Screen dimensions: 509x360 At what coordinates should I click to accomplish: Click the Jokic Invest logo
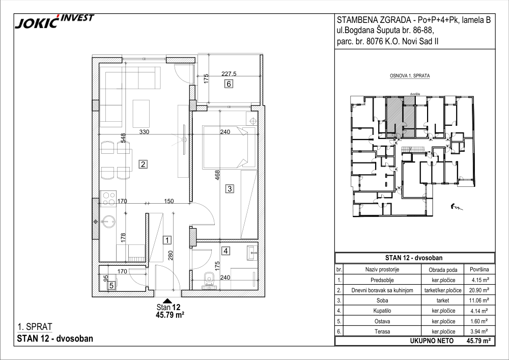point(54,21)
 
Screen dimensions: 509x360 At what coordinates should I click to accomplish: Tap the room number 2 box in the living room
point(143,164)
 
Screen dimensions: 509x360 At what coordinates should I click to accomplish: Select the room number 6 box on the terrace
point(229,84)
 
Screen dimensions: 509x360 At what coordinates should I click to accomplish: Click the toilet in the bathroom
point(209,280)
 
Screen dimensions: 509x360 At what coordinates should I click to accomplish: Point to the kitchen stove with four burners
point(108,199)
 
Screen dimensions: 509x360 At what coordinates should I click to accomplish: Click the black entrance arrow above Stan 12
point(167,300)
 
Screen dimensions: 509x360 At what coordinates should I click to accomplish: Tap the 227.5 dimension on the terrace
point(229,74)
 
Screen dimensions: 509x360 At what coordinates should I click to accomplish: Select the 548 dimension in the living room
point(123,138)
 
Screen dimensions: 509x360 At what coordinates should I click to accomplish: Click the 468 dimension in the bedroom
point(217,175)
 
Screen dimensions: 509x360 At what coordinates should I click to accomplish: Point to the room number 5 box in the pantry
point(111,286)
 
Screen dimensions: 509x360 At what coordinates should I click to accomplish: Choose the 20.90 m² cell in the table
point(480,290)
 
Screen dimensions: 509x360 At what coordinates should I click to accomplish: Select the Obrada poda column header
point(443,269)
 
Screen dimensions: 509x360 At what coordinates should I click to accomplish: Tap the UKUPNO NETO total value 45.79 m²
point(478,341)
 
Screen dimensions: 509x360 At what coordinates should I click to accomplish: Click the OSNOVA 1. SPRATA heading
point(410,76)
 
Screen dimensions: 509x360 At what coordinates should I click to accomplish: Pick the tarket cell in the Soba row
point(443,300)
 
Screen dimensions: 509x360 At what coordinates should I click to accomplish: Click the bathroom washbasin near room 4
point(251,253)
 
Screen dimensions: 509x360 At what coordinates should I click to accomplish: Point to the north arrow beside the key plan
point(457,207)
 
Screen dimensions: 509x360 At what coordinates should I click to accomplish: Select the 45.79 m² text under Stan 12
point(171,314)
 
